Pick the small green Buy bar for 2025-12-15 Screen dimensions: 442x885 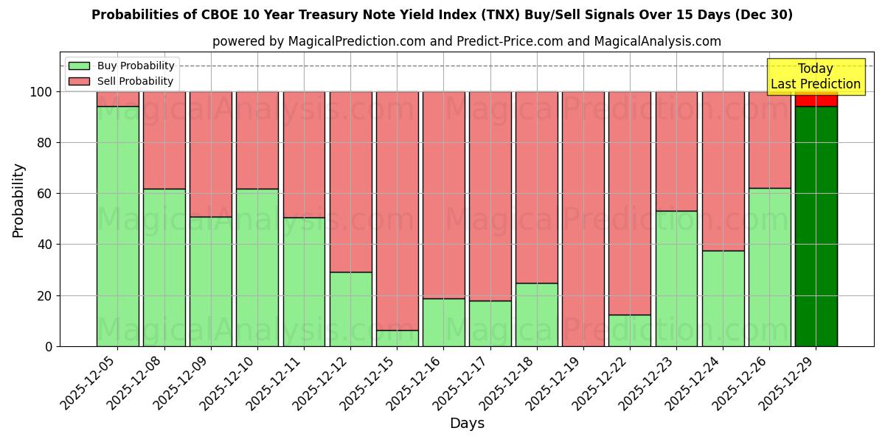(x=397, y=338)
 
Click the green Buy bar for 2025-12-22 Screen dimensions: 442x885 (x=629, y=331)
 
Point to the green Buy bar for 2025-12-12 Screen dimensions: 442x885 (x=350, y=309)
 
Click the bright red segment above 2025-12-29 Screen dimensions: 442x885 (x=816, y=100)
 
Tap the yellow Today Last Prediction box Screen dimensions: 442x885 (x=815, y=77)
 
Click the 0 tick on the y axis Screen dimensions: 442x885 (x=49, y=346)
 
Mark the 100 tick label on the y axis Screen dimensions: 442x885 (x=41, y=92)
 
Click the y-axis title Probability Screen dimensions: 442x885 (x=18, y=200)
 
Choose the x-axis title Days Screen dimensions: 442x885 (x=467, y=424)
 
